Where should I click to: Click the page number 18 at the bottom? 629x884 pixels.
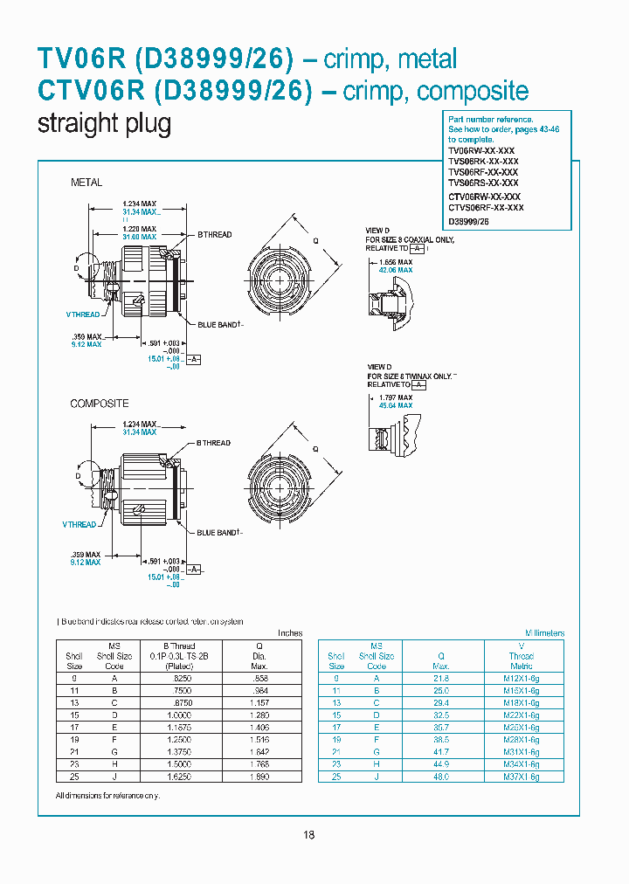pos(308,835)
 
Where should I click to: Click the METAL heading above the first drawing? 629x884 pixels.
pos(86,183)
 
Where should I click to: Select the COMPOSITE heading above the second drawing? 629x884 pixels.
pos(100,404)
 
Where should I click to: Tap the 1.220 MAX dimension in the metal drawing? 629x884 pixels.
pos(139,228)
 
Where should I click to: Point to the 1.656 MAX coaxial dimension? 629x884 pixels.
pos(394,262)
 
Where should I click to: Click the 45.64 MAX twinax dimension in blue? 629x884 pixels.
pos(394,405)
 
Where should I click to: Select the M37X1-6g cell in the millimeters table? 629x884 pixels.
pos(523,777)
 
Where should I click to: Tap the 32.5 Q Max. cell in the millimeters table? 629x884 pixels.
pos(441,715)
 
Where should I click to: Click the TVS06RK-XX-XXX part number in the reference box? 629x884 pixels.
pos(483,162)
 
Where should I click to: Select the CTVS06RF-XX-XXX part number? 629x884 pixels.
pos(486,208)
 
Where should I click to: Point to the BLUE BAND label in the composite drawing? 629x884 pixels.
pos(218,532)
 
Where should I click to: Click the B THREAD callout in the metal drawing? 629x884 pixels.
pos(214,235)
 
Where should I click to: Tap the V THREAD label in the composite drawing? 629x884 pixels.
pos(79,524)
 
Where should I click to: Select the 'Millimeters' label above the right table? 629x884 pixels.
pos(544,633)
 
